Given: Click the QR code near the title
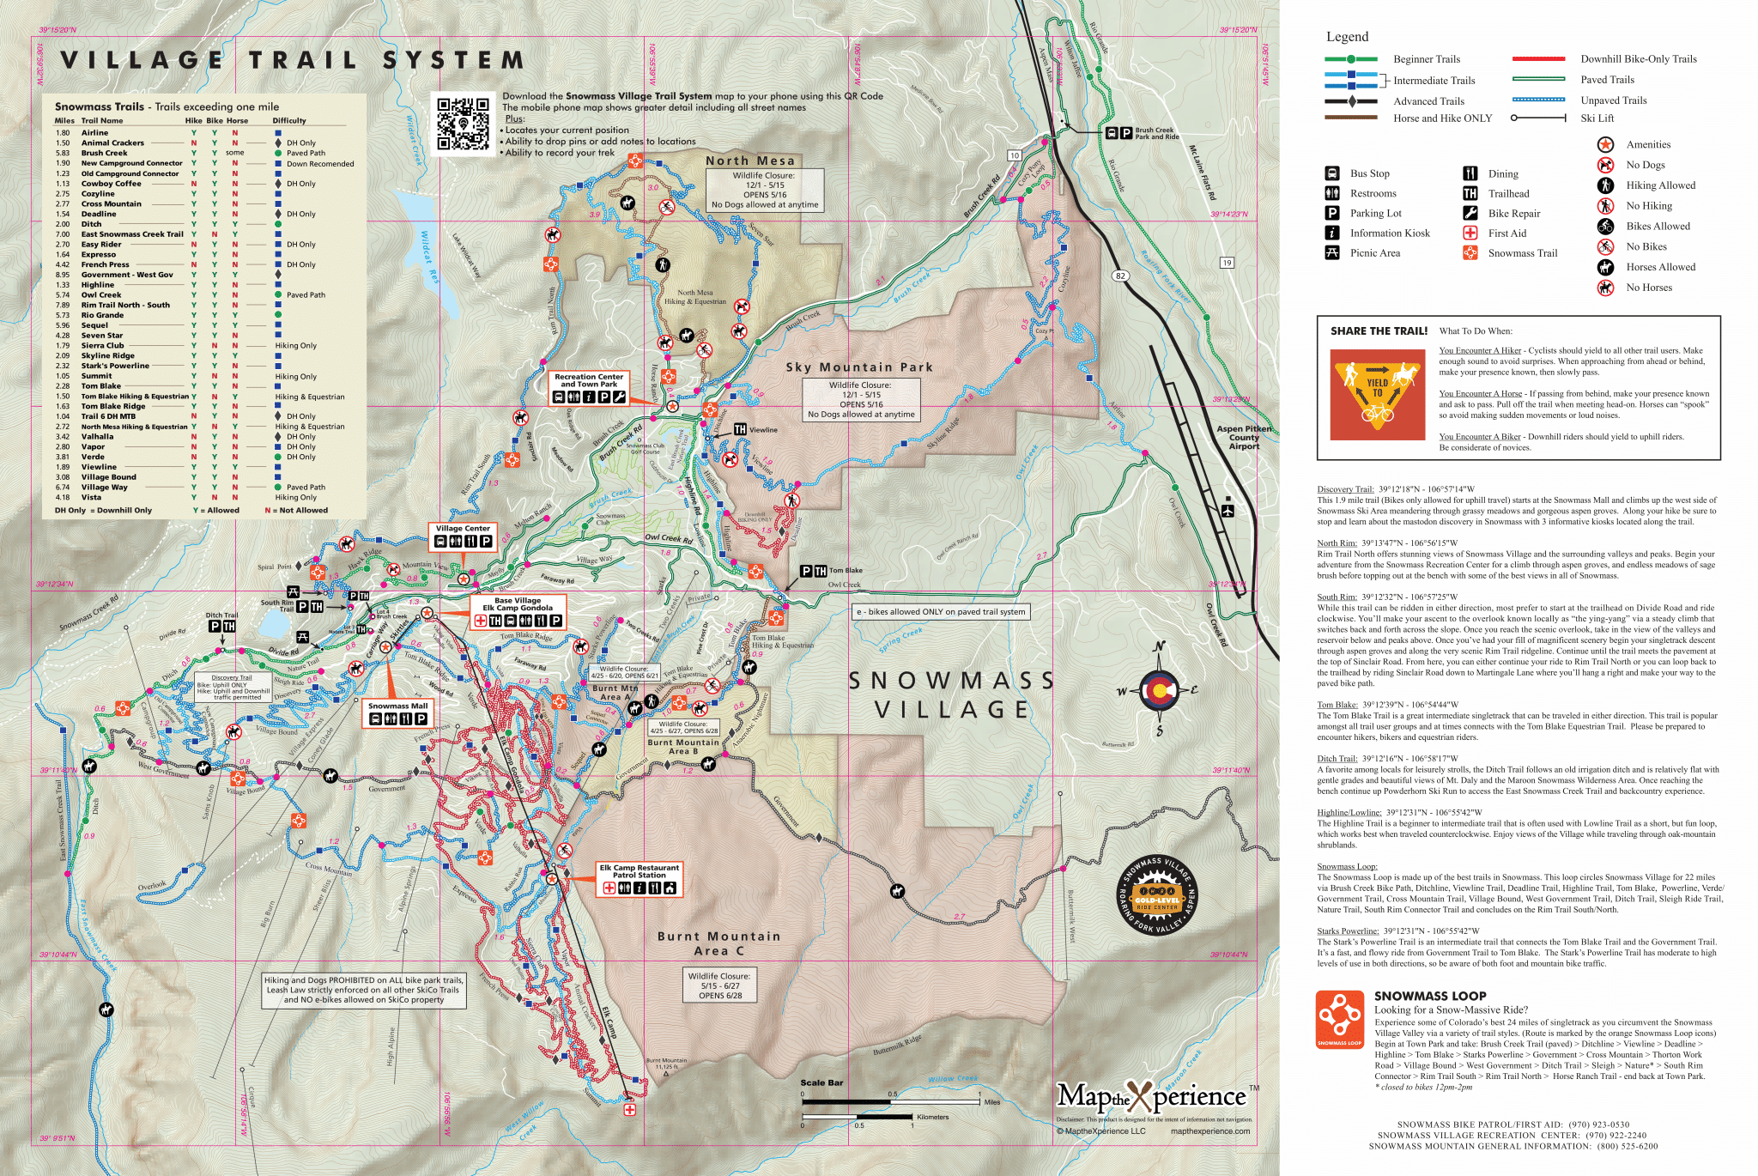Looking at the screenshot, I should [464, 124].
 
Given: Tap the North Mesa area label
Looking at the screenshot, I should [750, 161].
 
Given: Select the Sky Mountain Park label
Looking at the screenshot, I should [859, 367].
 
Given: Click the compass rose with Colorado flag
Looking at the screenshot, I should [1159, 689].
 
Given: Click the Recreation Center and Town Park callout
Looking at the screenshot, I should [589, 388].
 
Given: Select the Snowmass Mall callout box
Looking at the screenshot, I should [397, 713].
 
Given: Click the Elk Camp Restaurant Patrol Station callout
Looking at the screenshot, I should [640, 880].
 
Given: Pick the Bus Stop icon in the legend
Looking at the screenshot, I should [1332, 173].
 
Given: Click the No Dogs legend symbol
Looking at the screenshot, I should [1605, 165].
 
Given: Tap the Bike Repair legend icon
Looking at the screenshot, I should [1470, 214].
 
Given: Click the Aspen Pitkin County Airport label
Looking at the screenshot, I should [1244, 437].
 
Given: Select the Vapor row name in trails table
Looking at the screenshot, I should [93, 447].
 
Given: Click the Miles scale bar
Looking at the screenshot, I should [890, 1100].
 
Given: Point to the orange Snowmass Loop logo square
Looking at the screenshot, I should [1339, 1020].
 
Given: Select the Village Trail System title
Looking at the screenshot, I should [292, 60].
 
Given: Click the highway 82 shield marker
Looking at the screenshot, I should [1119, 276].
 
